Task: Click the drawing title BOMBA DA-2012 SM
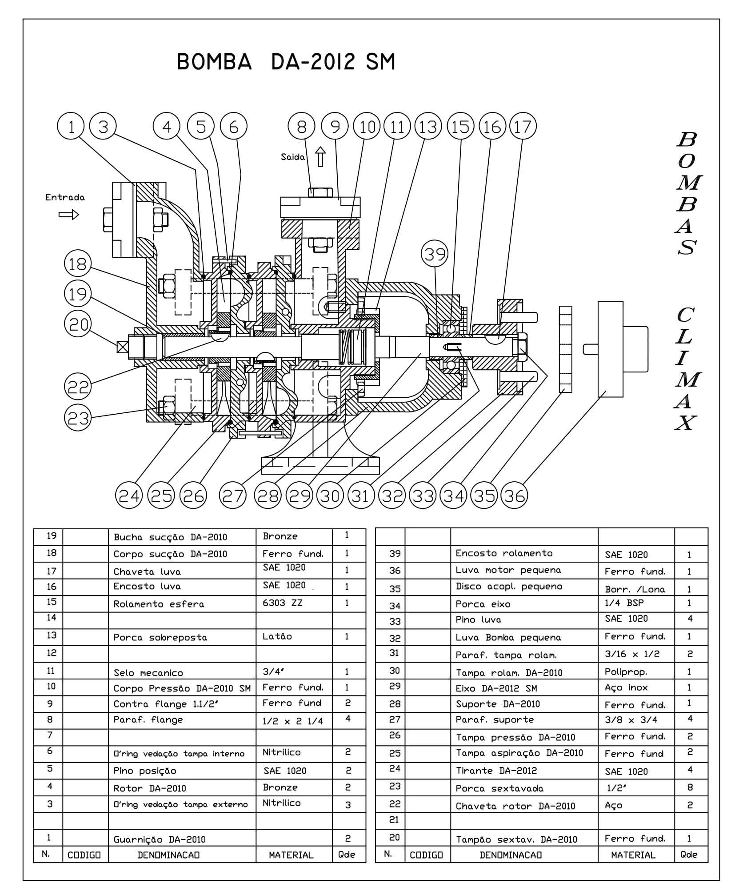(x=285, y=62)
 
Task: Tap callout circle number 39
(x=434, y=254)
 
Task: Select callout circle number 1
(x=71, y=127)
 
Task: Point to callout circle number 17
(x=523, y=127)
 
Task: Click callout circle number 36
(x=514, y=495)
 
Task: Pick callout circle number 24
(x=129, y=495)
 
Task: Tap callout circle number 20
(x=78, y=324)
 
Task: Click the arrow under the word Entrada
(x=68, y=215)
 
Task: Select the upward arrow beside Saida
(x=320, y=157)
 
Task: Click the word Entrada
(x=65, y=197)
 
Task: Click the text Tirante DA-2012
(x=496, y=771)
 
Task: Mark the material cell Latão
(x=277, y=636)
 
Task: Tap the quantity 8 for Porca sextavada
(x=690, y=787)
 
